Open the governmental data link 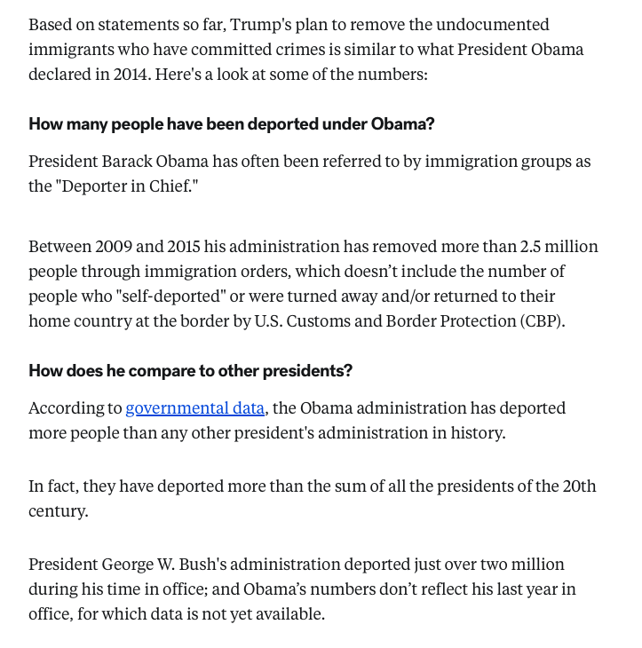[195, 408]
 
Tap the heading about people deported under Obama [232, 123]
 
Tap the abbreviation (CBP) [542, 321]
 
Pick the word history [476, 433]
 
